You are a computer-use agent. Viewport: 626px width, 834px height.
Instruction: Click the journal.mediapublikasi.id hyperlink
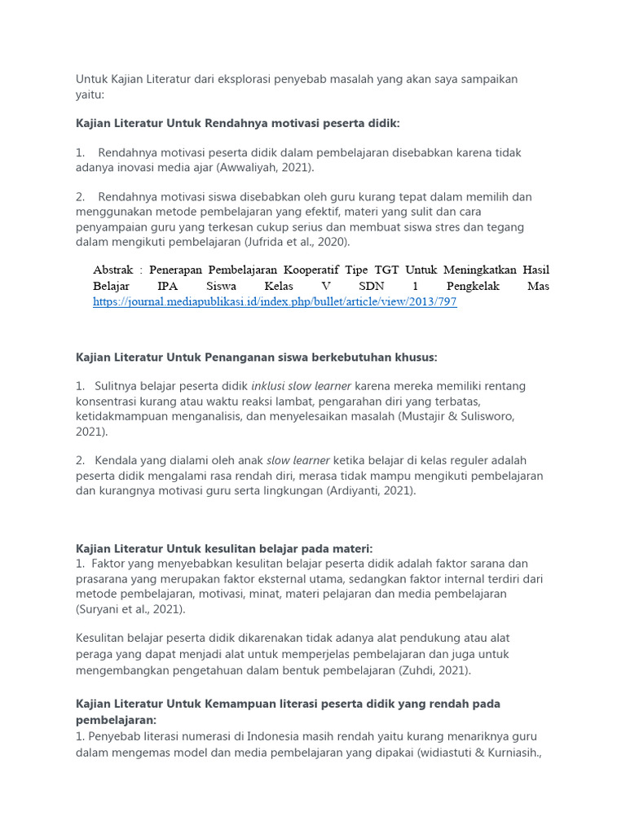pyautogui.click(x=275, y=301)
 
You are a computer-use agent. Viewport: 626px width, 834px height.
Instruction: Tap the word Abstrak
pyautogui.click(x=114, y=270)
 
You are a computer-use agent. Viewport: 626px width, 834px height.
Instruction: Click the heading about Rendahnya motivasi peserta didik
pyautogui.click(x=238, y=123)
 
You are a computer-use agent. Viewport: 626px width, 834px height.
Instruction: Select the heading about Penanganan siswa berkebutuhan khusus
pyautogui.click(x=257, y=357)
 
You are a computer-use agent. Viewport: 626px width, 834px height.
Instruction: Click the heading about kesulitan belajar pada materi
pyautogui.click(x=224, y=549)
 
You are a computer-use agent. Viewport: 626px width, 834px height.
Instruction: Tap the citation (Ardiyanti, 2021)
pyautogui.click(x=371, y=490)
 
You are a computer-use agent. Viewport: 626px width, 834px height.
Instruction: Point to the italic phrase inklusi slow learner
pyautogui.click(x=301, y=386)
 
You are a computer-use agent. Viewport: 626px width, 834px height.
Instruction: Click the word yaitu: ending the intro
pyautogui.click(x=90, y=94)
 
